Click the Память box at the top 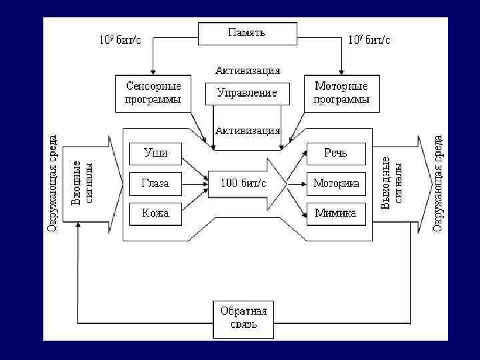pos(247,33)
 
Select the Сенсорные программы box pos(153,93)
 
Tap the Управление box pos(247,93)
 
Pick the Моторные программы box pos(341,93)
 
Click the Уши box pos(155,153)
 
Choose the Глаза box pos(155,183)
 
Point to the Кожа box pos(155,213)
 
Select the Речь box pos(336,153)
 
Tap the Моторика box pos(336,183)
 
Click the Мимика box pos(336,213)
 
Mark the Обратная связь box pos(244,319)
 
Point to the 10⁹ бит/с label pos(120,39)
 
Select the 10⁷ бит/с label pos(369,39)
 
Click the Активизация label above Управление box pos(247,70)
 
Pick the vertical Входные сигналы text pos(85,183)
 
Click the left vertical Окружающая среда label pos(53,183)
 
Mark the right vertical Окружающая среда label pos(438,183)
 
